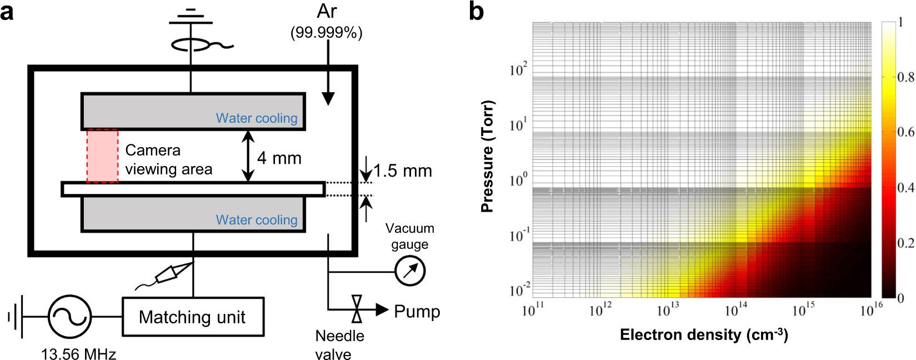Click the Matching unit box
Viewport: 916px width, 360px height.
point(192,317)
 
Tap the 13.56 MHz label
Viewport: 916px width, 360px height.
point(78,353)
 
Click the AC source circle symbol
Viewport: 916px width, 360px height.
point(69,316)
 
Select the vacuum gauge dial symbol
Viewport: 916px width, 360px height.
point(410,272)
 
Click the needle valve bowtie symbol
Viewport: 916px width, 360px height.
point(357,309)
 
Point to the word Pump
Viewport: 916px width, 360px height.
point(417,312)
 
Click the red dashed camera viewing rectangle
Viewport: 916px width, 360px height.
point(102,156)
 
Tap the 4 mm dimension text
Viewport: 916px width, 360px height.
point(279,158)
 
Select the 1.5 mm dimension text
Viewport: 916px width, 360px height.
point(402,171)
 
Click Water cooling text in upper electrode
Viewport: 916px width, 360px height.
point(257,118)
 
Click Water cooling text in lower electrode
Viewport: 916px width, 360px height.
point(257,220)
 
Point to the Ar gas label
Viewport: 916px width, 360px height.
point(327,12)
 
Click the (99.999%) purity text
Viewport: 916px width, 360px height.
point(327,33)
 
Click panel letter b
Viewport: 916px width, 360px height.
point(476,12)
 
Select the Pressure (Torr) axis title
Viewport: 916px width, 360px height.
point(487,156)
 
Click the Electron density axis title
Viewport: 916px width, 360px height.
point(704,335)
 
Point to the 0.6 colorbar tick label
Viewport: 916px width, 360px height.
point(905,132)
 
